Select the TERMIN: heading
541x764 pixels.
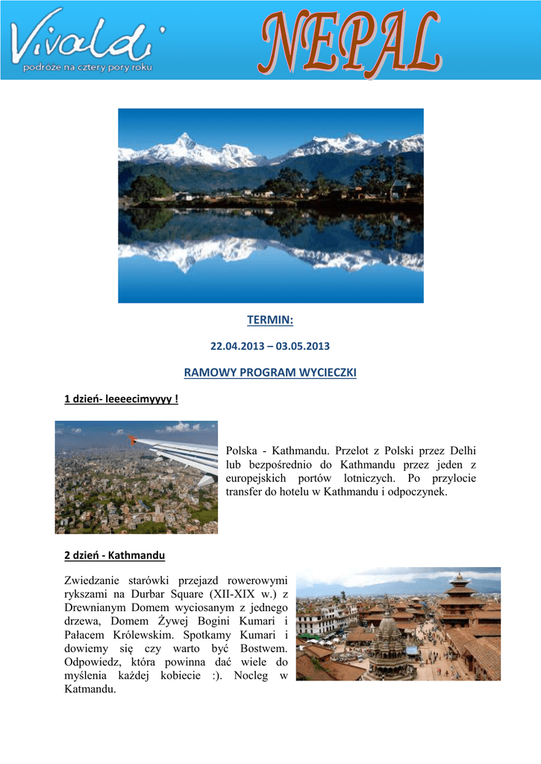[x=270, y=320]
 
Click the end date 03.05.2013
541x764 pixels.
[x=302, y=347]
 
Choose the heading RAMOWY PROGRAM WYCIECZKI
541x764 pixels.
[x=270, y=372]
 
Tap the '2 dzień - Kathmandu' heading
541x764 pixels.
[x=115, y=556]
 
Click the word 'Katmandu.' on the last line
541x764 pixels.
[x=90, y=689]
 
